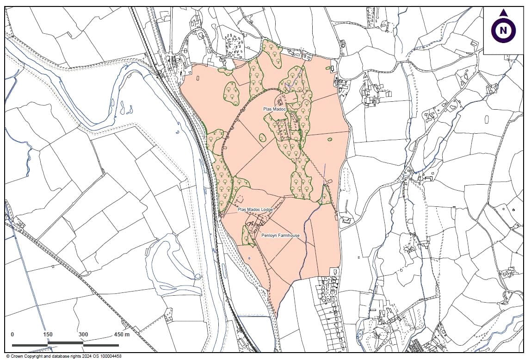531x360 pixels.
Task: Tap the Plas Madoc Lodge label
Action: tap(255, 210)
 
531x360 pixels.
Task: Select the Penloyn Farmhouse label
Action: tap(280, 236)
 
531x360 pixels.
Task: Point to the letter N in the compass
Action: tap(503, 31)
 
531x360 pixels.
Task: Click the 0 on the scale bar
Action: tap(12, 335)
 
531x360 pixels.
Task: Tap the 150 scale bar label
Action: tap(48, 335)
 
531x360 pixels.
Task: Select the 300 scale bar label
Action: tap(83, 335)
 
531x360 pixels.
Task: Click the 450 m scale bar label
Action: tap(122, 335)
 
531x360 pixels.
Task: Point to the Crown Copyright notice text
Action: tap(64, 356)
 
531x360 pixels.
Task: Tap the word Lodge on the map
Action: tap(266, 210)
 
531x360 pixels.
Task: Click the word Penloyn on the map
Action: tap(268, 236)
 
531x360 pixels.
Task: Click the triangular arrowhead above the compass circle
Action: tap(503, 13)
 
